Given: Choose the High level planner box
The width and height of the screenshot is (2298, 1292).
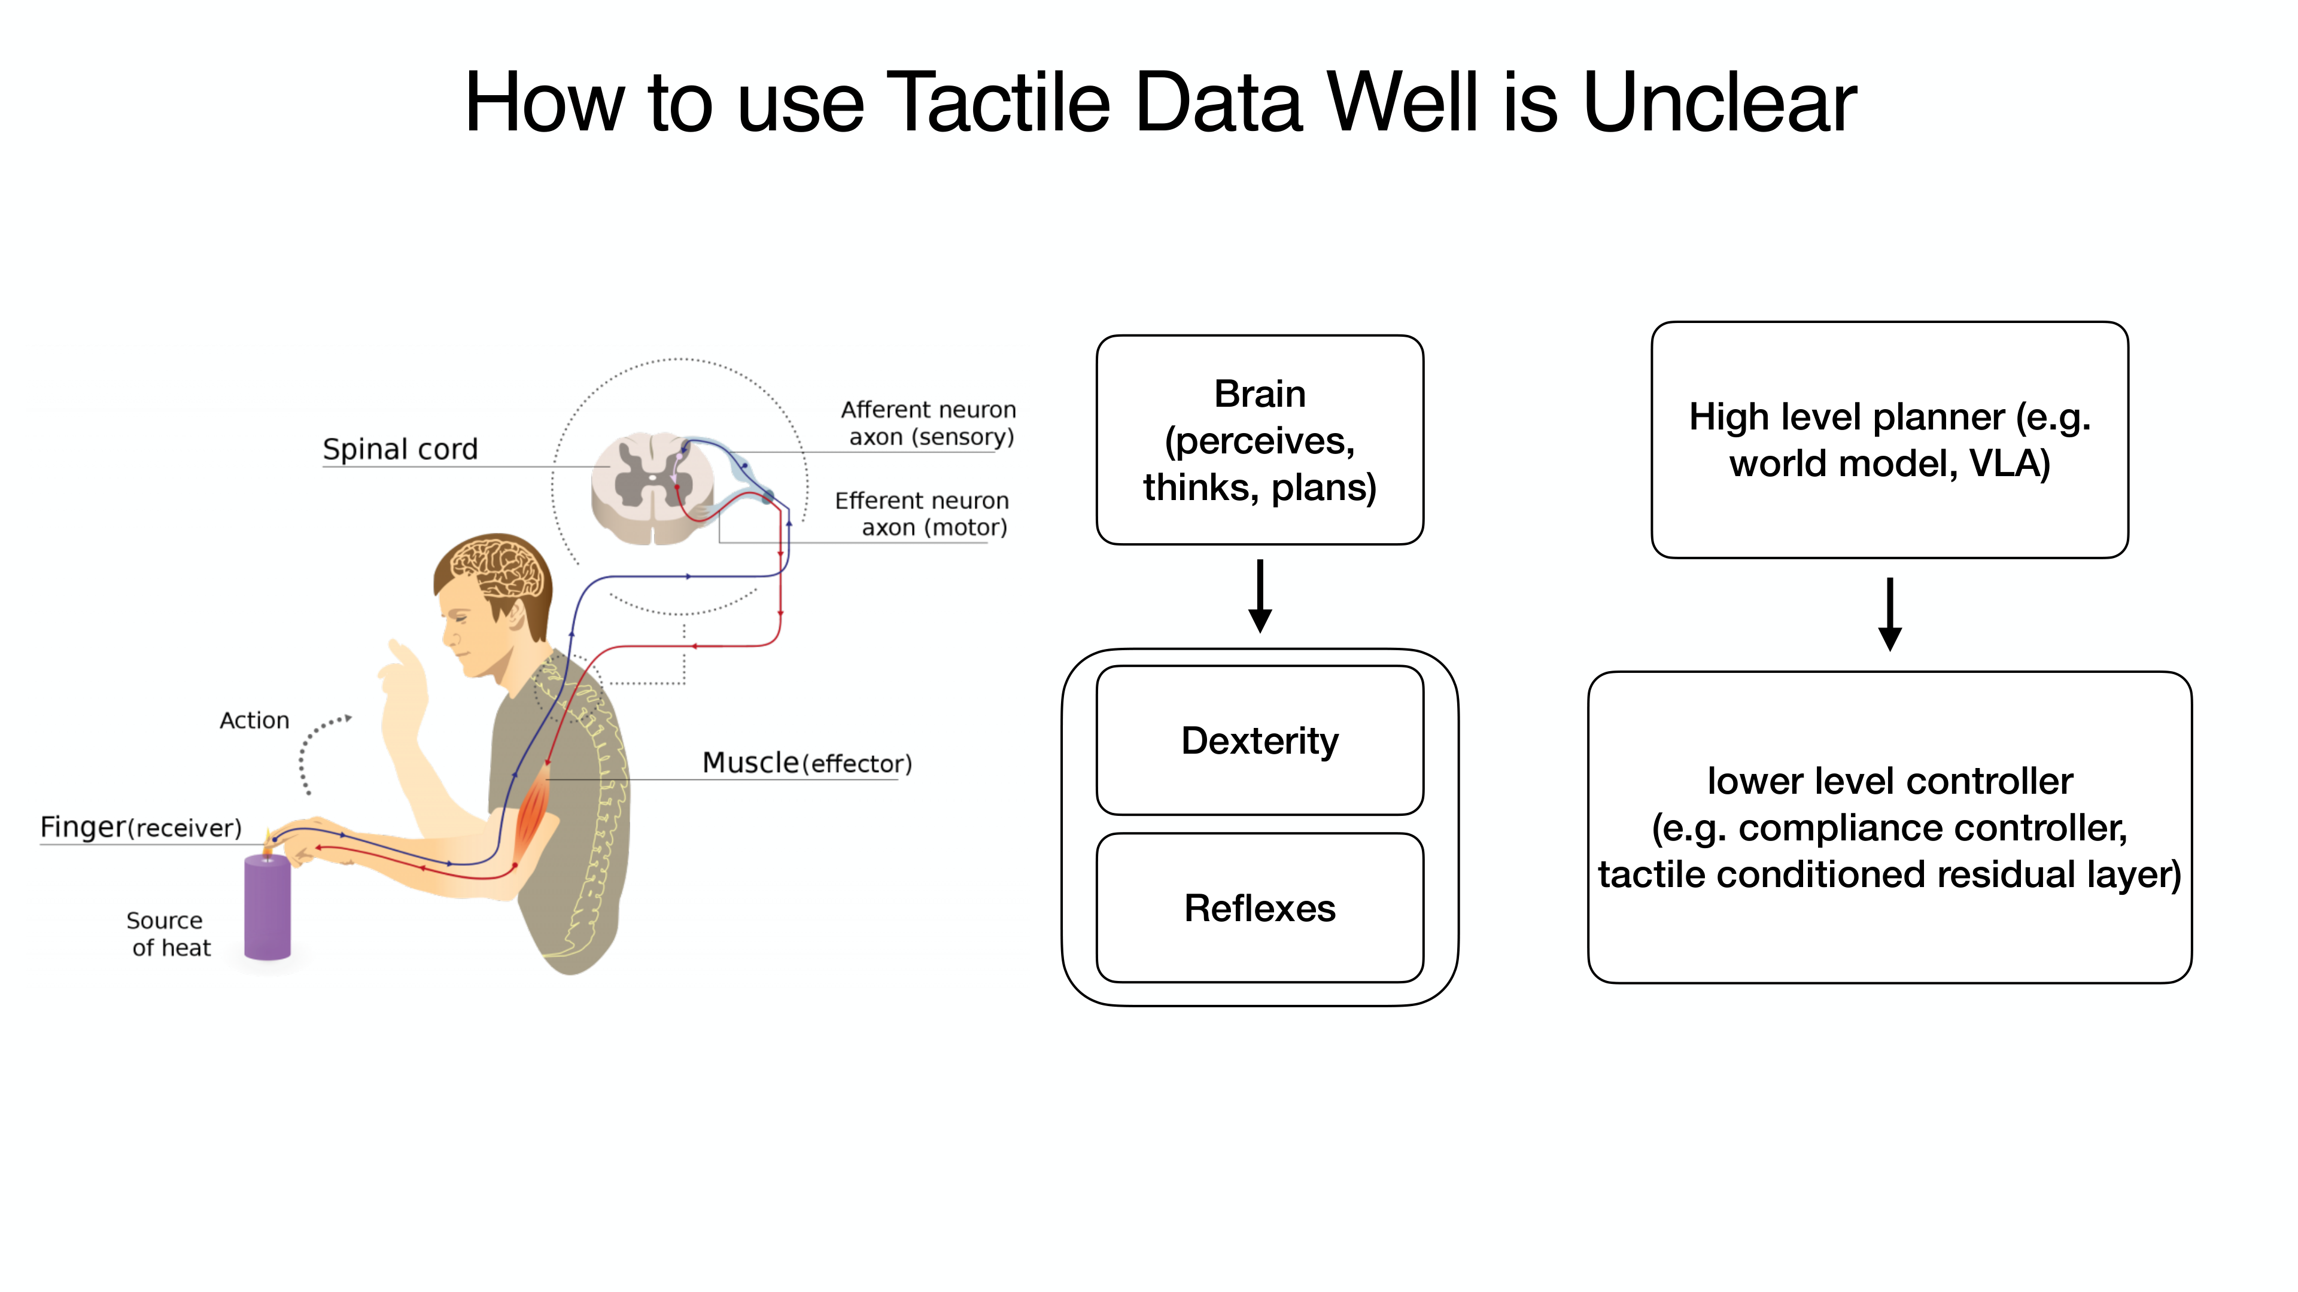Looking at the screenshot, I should (x=1889, y=440).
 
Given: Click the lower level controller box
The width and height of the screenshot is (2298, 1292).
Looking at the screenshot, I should (x=1889, y=827).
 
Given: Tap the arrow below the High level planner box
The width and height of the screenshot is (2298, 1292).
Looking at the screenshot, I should (x=1889, y=614).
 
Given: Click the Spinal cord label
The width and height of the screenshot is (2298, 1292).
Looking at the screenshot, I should (x=400, y=449).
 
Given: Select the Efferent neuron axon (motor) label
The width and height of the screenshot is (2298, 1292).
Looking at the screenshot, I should (x=922, y=514).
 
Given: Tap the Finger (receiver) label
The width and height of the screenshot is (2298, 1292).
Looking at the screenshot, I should (x=141, y=827).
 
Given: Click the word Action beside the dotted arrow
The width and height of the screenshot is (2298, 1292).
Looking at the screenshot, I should (x=254, y=720).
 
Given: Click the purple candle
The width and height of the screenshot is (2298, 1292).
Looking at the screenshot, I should (x=267, y=906).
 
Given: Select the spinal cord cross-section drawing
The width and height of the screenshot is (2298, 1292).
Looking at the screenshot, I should (x=653, y=487).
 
